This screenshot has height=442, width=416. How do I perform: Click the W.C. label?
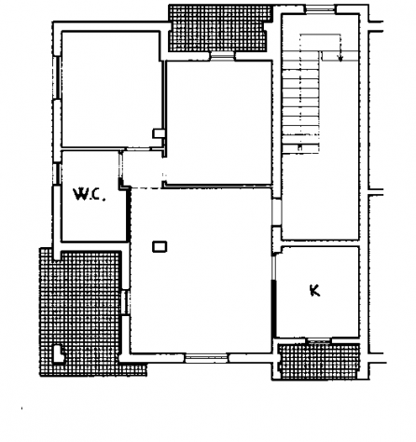click(90, 194)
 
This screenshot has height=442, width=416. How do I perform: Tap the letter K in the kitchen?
click(314, 291)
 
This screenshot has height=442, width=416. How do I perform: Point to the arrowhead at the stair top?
click(340, 58)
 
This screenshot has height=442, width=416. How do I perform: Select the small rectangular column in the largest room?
click(159, 247)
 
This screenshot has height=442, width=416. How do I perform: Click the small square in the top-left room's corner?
click(159, 133)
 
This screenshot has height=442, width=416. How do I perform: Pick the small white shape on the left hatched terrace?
click(59, 354)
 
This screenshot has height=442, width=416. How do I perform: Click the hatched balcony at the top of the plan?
click(219, 28)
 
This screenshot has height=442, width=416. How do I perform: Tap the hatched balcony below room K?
click(320, 361)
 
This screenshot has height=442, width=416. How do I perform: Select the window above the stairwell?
click(320, 9)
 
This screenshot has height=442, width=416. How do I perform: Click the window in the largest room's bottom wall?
click(206, 358)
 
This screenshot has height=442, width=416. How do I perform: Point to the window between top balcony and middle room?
click(222, 56)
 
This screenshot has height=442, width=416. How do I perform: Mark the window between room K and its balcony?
click(318, 341)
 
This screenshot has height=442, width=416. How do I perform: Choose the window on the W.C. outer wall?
click(57, 173)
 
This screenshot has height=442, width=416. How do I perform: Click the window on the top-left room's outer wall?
click(57, 77)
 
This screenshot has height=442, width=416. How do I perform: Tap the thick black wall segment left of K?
click(274, 309)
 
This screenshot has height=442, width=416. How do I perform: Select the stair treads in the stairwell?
click(301, 103)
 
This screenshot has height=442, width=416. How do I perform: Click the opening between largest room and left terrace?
click(125, 302)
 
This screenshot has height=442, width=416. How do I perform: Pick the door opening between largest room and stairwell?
click(276, 213)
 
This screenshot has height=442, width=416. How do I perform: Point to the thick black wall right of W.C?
click(128, 214)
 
